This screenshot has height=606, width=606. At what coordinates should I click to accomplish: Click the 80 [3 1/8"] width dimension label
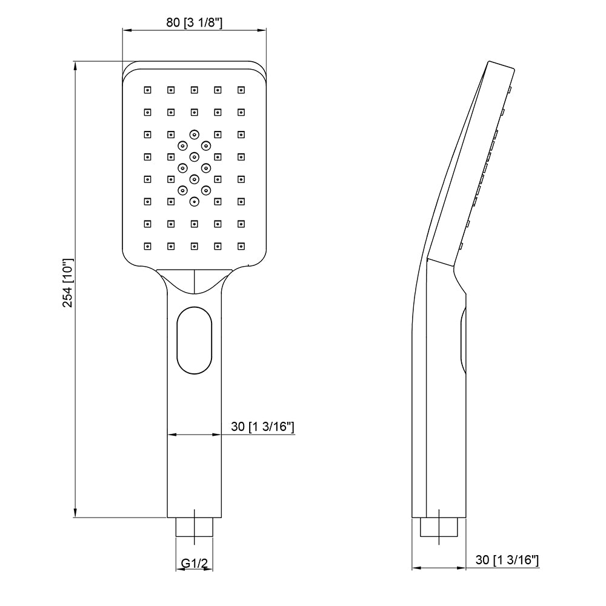pos(195,22)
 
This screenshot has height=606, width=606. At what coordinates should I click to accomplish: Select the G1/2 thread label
pos(195,564)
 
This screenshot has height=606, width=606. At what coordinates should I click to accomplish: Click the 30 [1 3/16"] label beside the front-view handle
pos(263,427)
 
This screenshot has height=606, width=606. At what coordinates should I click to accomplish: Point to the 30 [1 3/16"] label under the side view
pos(507,560)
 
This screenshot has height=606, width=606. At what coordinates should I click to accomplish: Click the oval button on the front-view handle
pos(195,340)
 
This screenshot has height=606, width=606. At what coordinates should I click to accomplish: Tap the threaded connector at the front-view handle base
pos(195,527)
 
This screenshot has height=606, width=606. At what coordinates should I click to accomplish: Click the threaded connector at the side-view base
pos(439,527)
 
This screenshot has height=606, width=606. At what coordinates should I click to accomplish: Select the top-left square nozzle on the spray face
pos(147,90)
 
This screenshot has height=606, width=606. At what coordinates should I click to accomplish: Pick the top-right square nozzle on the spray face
pos(241,90)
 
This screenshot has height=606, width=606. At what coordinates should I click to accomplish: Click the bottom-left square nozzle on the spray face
pos(147,246)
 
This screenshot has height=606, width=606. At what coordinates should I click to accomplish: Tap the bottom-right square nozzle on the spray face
pos(241,246)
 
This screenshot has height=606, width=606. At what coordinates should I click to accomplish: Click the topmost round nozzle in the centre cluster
pos(194,134)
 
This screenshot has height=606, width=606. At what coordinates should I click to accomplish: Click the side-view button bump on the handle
pos(463,340)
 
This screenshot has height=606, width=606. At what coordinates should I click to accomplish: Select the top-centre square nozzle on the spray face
pos(194,90)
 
